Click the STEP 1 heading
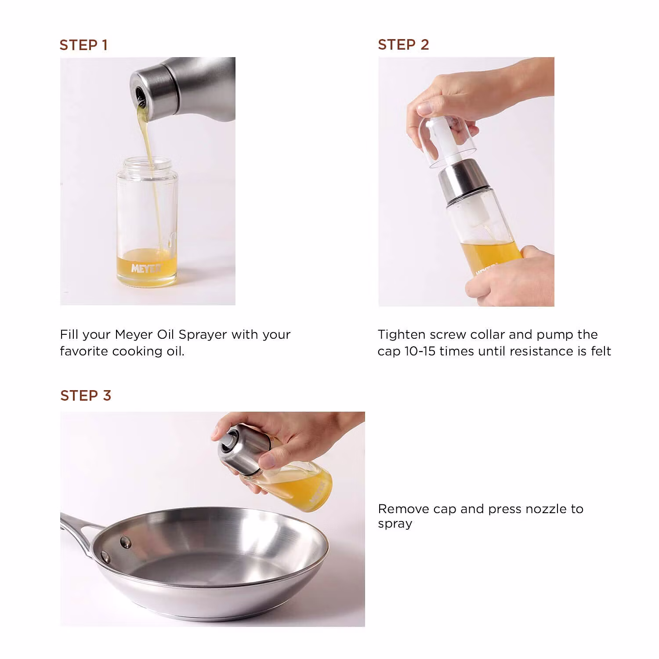click(83, 45)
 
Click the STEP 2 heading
click(403, 45)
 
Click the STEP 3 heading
click(86, 395)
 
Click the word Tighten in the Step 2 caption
click(402, 335)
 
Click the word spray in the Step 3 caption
click(395, 524)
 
